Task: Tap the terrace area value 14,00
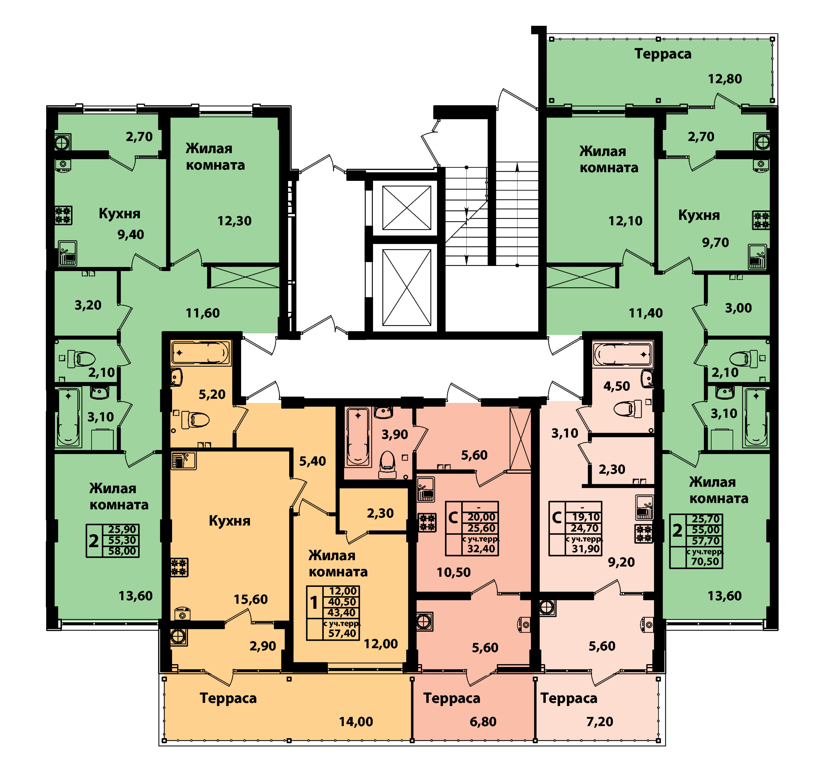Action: coord(356,721)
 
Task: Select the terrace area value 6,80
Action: coord(483,721)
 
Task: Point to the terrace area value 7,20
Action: coord(600,721)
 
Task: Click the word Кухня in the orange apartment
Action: coord(229,521)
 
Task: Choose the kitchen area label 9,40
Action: coord(131,235)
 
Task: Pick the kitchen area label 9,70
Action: coord(716,242)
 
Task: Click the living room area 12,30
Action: coord(234,221)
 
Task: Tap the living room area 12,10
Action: coord(625,221)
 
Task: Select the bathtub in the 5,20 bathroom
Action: coord(201,353)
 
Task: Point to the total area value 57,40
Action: coord(342,633)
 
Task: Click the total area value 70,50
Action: coord(705,561)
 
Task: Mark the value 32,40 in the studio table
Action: coord(481,548)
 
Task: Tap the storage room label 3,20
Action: coord(88,305)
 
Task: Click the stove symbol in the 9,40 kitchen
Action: coord(64,215)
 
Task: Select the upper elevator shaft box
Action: coord(407,208)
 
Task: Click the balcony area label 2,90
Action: coord(263,646)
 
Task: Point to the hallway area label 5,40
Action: coord(312,461)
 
